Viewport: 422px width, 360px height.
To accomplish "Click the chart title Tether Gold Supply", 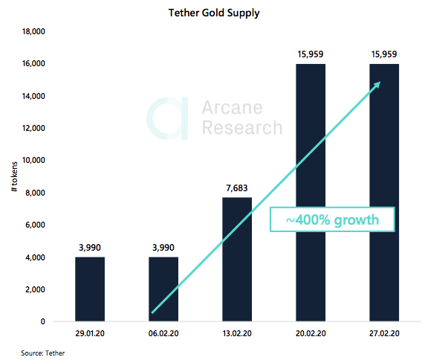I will (x=210, y=13).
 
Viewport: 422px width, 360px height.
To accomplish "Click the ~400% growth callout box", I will (x=331, y=220).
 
